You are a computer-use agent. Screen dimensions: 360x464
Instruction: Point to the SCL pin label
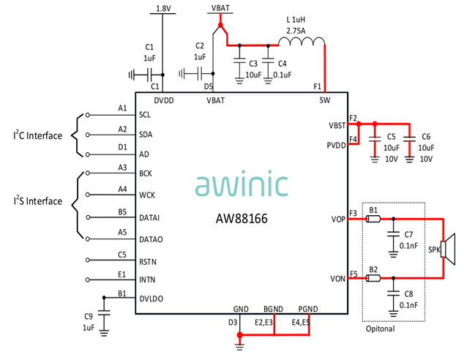145,116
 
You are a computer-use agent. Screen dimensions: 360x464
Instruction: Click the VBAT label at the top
219,9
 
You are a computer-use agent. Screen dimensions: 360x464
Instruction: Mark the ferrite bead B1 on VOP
373,219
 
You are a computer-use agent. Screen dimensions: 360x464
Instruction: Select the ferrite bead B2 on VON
373,278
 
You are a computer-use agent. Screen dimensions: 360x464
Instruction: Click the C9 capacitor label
88,315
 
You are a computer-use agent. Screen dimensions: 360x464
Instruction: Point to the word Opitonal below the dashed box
381,329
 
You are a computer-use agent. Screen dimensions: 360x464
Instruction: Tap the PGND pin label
309,310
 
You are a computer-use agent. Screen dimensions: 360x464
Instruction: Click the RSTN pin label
148,261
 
